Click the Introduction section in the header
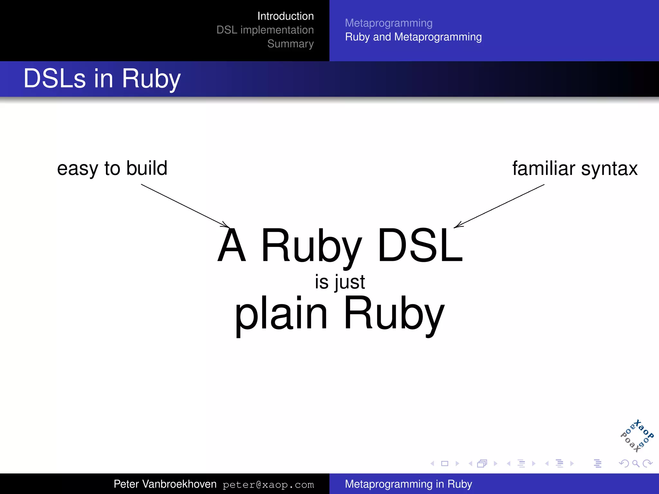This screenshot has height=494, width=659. pos(285,16)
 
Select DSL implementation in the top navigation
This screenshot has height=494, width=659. pos(265,30)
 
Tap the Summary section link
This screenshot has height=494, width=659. pos(290,44)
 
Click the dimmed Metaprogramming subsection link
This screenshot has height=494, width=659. pos(389,23)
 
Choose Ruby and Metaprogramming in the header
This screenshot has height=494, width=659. pos(413,37)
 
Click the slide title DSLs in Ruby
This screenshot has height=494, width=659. pos(102,78)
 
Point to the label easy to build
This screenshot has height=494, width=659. pos(112,168)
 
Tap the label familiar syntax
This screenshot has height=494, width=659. pos(575,169)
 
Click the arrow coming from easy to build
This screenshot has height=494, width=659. pos(185,206)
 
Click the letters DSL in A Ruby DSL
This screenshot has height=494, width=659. pos(420,245)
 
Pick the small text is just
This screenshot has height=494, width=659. pos(340,282)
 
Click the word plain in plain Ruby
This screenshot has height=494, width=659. pos(281,314)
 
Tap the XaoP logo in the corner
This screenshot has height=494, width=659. pos(636,436)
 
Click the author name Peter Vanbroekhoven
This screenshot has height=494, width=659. pos(165,484)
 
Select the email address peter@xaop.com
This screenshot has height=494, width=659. pos(268,485)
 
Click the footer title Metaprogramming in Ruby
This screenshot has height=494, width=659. pos(408,484)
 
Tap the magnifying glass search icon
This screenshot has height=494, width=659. pos(636,463)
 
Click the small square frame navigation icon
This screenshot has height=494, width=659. pos(445,463)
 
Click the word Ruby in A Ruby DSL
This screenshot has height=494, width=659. pos(311,245)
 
